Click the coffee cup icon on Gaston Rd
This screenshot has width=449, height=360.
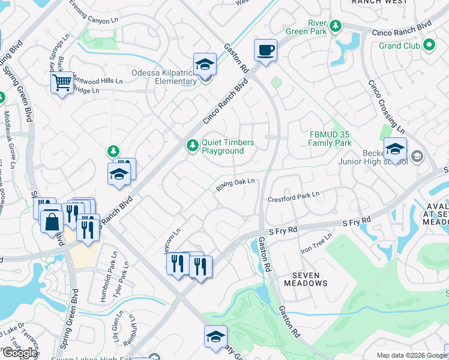click(x=265, y=50)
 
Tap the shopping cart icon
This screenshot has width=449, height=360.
click(x=61, y=83)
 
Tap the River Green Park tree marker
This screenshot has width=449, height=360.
click(x=336, y=26)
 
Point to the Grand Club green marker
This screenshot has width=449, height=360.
click(x=429, y=45)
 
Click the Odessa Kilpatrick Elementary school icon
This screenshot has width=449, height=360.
click(x=205, y=65)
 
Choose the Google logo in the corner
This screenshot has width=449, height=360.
click(x=19, y=353)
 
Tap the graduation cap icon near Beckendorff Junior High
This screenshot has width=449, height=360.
click(x=395, y=149)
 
